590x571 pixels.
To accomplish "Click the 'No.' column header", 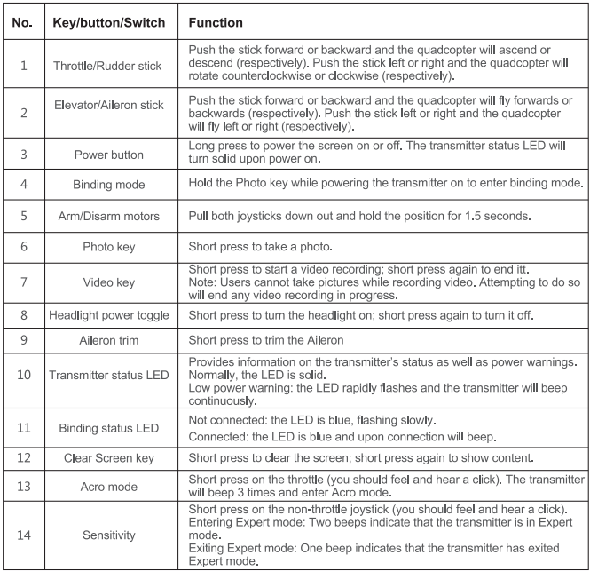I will pyautogui.click(x=21, y=20).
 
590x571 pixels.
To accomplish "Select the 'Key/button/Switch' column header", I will pyautogui.click(x=108, y=20).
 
